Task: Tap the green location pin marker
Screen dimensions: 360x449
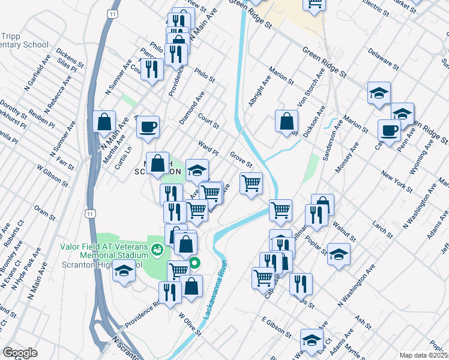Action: [x=195, y=263]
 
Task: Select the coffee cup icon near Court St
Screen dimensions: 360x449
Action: [x=148, y=127]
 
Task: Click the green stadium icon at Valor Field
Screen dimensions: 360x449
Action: [x=157, y=248]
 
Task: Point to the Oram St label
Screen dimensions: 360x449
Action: [x=45, y=212]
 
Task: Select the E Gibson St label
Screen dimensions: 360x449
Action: [x=276, y=327]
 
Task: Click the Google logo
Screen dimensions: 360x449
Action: [x=20, y=353]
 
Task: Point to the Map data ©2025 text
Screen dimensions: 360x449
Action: [x=423, y=355]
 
